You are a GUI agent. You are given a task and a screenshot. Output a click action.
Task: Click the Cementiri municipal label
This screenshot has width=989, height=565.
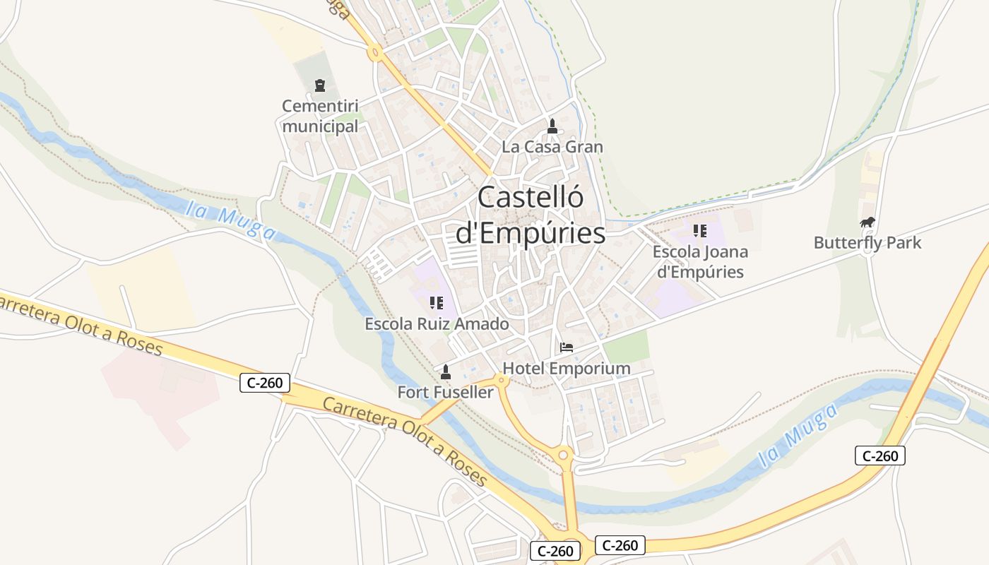pos(320,117)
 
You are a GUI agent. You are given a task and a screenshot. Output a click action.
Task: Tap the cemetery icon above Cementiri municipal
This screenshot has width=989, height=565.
pos(320,85)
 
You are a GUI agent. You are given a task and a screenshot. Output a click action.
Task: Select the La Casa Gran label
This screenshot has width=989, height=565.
pos(552,147)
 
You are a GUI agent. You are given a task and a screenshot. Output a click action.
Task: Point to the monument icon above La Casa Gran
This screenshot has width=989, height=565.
pos(552,126)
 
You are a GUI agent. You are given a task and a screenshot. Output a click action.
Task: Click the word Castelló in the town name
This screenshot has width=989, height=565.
pos(531,197)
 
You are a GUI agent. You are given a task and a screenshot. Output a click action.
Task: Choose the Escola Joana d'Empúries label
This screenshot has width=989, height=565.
pos(700,261)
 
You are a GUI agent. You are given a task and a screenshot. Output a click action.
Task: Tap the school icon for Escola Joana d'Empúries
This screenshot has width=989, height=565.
pos(700,230)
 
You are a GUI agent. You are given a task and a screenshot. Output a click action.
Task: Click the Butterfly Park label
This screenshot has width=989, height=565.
pos(867,243)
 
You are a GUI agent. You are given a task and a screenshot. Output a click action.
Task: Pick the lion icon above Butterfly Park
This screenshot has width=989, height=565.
pos(867,222)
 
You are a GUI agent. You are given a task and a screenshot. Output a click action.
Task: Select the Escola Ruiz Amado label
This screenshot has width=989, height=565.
pos(437,324)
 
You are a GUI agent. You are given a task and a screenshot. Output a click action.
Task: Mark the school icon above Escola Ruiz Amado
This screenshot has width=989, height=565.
pos(437,303)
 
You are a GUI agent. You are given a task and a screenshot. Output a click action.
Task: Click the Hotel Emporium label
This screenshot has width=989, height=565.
pos(567,369)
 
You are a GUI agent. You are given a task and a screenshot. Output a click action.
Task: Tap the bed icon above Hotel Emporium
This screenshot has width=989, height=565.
pos(567,347)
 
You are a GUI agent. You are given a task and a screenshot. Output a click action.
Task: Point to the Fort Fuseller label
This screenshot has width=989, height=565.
pos(445,392)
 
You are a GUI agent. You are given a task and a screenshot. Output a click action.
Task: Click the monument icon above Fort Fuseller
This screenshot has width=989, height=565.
pos(445,371)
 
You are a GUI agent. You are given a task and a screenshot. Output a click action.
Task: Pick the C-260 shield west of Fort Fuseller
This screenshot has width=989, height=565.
pos(265,383)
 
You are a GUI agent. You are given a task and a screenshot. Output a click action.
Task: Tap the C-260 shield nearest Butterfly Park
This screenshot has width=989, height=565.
pos(880,456)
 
